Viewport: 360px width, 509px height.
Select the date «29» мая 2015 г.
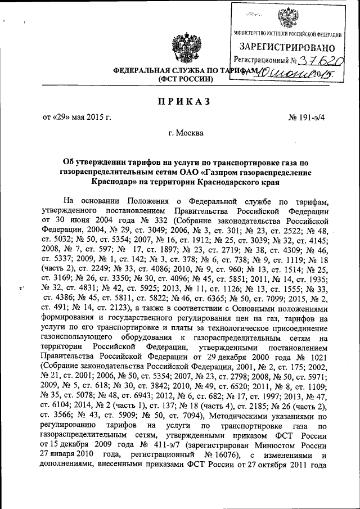tap(77, 118)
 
